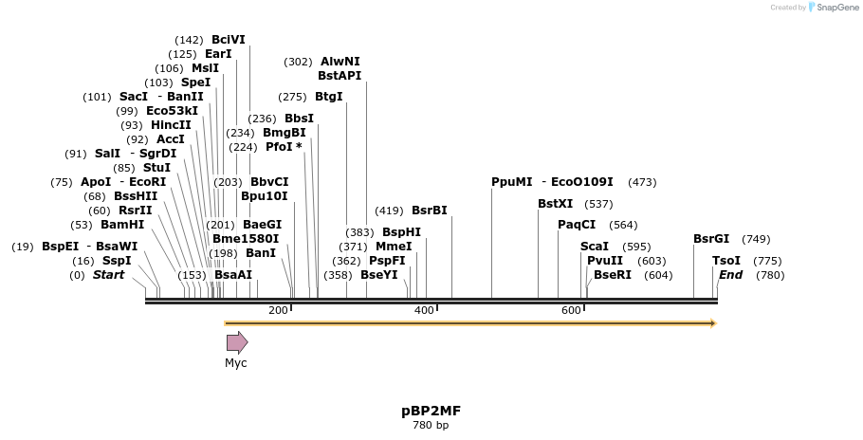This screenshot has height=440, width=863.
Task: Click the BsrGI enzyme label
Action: pos(711,239)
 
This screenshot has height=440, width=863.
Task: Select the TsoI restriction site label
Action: pos(725,261)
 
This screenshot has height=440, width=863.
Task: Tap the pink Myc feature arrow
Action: pos(236,342)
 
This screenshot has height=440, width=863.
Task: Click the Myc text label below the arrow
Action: pos(235,363)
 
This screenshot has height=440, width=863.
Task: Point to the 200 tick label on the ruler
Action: pos(278,311)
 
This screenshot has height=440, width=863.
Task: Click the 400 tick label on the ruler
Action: pos(424,311)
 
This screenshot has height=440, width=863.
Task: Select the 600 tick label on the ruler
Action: pos(571,311)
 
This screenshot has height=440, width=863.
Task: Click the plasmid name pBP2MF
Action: pos(431,411)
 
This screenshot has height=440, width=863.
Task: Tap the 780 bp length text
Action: pos(431,425)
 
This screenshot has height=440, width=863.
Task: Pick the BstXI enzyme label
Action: pos(555,203)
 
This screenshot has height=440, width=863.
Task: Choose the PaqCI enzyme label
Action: pos(577,225)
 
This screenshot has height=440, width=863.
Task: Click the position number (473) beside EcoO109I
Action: pos(642,182)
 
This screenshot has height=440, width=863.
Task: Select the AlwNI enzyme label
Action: pos(340,62)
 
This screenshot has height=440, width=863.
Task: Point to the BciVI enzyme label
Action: pos(228,40)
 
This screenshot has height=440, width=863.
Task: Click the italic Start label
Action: pos(108,275)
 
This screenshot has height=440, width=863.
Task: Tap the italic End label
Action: pos(730,275)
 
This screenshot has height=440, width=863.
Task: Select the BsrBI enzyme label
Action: pos(429,211)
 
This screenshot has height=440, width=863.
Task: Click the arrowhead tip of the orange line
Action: pos(713,323)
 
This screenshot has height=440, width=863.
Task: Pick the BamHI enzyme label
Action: pos(122,225)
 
